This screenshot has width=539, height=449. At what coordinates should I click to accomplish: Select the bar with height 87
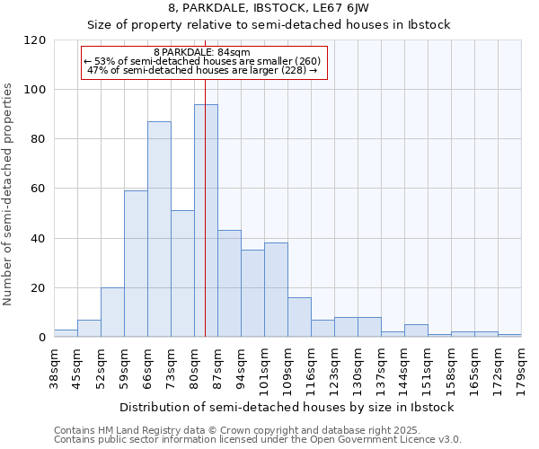point(159,229)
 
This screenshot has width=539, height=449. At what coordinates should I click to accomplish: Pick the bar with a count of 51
point(182,274)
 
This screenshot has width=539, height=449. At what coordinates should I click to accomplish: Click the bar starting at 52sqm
point(112,313)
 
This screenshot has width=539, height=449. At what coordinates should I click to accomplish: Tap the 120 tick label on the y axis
point(35,40)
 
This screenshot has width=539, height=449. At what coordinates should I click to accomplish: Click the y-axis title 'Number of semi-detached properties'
point(8,189)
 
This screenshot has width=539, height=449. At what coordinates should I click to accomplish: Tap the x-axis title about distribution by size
point(287,407)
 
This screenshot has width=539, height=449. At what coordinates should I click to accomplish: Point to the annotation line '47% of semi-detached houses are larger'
point(202,71)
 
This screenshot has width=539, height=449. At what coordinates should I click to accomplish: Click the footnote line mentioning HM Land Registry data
point(225,430)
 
